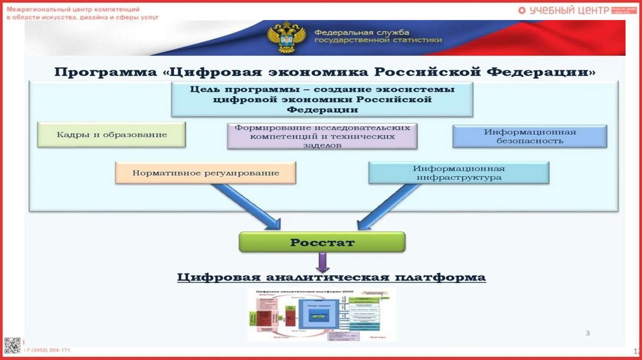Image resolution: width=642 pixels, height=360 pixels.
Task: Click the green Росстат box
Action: [322, 241]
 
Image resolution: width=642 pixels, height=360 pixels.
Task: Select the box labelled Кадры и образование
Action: [112, 134]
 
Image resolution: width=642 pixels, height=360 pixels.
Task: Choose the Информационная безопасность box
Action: [529, 136]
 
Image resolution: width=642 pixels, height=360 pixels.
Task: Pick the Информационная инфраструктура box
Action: [458, 172]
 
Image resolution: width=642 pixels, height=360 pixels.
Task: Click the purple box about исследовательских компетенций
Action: [322, 135]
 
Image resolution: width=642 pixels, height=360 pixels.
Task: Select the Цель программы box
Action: [322, 99]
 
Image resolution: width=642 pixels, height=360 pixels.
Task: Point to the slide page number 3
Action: [587, 333]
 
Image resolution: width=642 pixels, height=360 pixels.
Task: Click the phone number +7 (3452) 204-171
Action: [47, 349]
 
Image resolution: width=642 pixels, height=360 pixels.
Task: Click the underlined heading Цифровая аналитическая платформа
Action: [331, 277]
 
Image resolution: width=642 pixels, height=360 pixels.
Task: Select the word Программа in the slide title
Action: [106, 71]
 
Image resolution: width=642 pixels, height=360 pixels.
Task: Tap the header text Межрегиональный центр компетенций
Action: [73, 9]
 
